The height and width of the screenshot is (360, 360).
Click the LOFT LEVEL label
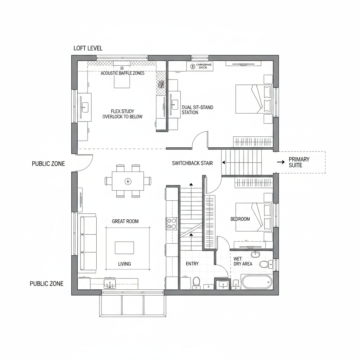coord(88,48)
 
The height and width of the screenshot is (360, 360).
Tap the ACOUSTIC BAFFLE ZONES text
coord(122,73)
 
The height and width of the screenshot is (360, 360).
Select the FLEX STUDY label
coord(122,111)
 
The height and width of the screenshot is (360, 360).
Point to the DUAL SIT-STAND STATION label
coord(197,110)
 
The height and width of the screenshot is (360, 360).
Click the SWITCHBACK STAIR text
coord(192,163)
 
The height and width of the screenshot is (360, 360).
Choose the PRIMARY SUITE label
coord(299,162)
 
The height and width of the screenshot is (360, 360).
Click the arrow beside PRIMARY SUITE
coord(281,162)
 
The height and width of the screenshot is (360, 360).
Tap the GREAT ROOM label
coord(125,221)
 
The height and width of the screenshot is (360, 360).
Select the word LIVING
coord(124,264)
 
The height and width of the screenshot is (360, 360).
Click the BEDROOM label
coord(240,219)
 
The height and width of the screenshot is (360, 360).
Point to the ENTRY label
coord(192,264)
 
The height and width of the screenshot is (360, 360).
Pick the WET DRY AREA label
coord(243,261)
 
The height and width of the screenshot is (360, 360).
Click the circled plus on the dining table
coord(128,181)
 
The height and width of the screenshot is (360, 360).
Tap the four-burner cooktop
coord(171,223)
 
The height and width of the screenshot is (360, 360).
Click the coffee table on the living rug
coord(124,247)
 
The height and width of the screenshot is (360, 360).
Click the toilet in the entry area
coord(196,282)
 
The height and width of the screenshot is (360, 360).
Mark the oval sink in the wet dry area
coord(255,254)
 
